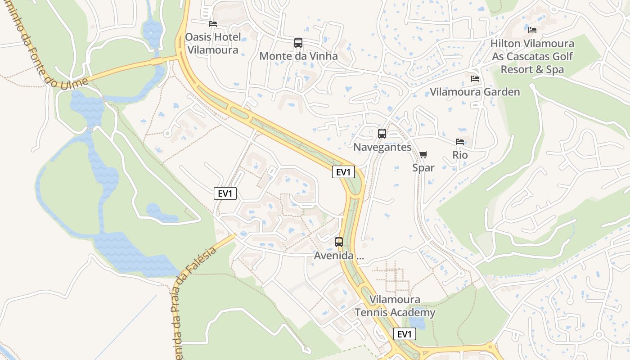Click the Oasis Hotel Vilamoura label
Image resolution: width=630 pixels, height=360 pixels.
click(x=213, y=43)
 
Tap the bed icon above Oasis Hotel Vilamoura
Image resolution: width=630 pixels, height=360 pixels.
click(x=213, y=23)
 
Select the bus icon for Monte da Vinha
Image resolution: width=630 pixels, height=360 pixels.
click(x=298, y=43)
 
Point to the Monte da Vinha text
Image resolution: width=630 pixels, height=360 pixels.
click(x=298, y=56)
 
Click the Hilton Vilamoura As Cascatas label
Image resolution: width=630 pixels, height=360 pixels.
click(x=532, y=56)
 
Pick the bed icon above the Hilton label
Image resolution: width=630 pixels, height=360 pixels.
click(x=532, y=30)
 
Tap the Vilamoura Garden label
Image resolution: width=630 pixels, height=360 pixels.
click(x=475, y=92)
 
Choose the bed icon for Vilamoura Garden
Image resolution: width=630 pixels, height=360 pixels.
click(x=475, y=79)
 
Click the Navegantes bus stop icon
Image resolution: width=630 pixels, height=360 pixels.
click(x=382, y=134)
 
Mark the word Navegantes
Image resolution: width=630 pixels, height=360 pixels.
click(x=382, y=147)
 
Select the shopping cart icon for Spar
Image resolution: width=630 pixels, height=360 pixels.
click(x=423, y=155)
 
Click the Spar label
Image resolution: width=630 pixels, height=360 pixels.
click(x=423, y=167)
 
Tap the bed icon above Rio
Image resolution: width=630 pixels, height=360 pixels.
click(x=460, y=142)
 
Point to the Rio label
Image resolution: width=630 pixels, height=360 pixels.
click(x=460, y=155)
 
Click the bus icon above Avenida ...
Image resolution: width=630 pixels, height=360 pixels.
click(x=339, y=242)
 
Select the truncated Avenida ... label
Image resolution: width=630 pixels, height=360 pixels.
click(x=339, y=256)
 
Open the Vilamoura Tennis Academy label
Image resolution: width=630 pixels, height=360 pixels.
click(x=395, y=306)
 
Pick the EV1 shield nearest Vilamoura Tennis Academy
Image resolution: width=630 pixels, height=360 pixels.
click(x=405, y=334)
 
